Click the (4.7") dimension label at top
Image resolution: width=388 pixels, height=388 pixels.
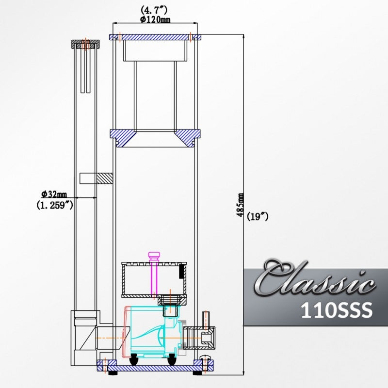click(x=155, y=9)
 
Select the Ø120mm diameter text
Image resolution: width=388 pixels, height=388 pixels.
click(x=155, y=19)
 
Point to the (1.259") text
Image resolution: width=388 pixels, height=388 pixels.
click(x=55, y=205)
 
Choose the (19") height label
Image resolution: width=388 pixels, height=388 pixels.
click(x=258, y=217)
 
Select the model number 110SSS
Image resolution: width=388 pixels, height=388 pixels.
click(x=336, y=310)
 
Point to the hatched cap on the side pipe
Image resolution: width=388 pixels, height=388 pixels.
click(x=85, y=44)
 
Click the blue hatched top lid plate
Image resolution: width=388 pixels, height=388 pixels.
click(x=155, y=37)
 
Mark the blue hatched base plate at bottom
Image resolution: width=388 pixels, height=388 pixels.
click(x=155, y=365)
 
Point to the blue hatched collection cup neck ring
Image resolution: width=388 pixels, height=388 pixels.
click(x=155, y=136)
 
